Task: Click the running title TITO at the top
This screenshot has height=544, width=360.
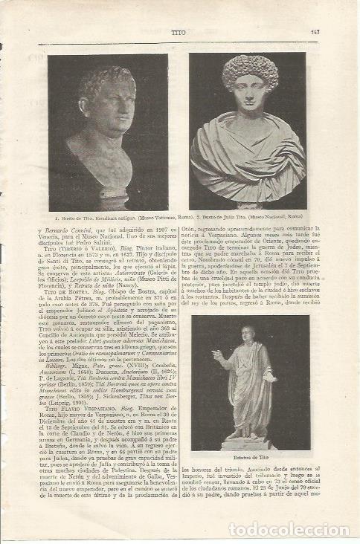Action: (x=179, y=32)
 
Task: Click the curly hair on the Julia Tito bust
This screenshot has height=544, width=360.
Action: (x=250, y=71)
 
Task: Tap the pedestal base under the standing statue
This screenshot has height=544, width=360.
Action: (x=248, y=444)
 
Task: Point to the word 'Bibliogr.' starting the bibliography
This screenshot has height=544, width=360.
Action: (x=66, y=366)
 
